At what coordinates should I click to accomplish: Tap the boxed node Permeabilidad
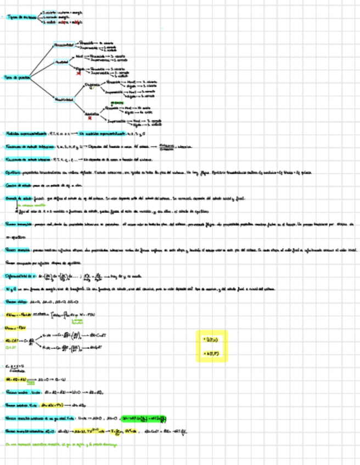tap(65, 44)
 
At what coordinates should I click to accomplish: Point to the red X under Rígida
tap(78, 72)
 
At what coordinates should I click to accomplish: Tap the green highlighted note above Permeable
tap(116, 103)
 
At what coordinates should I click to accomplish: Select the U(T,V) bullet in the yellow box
tap(212, 340)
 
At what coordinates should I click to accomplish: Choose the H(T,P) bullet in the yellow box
tap(212, 354)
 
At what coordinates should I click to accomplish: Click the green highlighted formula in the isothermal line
tap(143, 418)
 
